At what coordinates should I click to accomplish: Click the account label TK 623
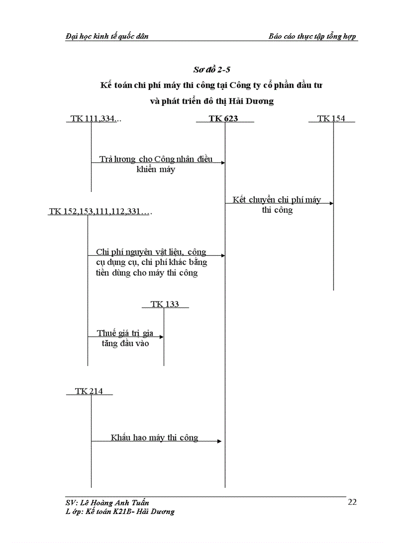click(x=223, y=118)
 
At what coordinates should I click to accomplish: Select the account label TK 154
click(x=331, y=118)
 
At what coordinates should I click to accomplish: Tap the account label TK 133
click(x=165, y=304)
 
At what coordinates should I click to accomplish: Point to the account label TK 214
click(x=89, y=391)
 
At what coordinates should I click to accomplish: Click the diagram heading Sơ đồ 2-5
click(x=211, y=70)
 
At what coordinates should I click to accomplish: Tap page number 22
click(x=352, y=502)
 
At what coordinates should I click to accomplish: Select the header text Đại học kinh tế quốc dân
click(x=107, y=37)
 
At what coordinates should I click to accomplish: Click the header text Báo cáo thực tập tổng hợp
click(x=313, y=37)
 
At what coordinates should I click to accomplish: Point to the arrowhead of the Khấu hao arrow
click(x=220, y=441)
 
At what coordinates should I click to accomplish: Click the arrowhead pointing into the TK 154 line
click(x=331, y=203)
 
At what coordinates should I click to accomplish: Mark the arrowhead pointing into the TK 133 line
click(x=161, y=337)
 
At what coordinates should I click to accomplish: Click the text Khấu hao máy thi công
click(x=154, y=438)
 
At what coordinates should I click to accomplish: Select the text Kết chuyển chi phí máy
click(x=276, y=200)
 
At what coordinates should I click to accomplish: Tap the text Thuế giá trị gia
click(x=125, y=333)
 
